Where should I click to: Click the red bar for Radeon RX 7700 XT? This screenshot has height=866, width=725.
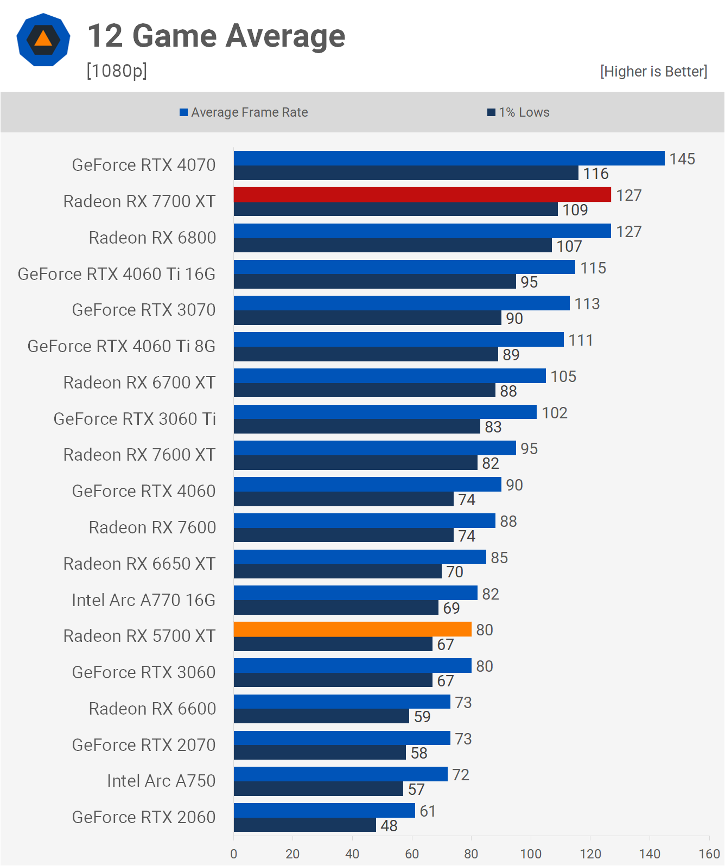point(422,195)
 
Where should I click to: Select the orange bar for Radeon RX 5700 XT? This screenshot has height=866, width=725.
point(353,629)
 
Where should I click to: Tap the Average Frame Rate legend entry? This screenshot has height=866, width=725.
point(244,112)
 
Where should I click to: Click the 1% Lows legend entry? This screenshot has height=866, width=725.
point(518,112)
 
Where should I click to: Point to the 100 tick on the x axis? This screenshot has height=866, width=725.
point(531,854)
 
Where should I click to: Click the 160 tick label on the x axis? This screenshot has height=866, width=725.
point(709,854)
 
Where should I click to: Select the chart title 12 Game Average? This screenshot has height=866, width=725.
point(216,36)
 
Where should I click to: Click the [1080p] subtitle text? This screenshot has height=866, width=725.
point(117,71)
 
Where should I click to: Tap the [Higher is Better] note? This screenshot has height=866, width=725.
point(653,72)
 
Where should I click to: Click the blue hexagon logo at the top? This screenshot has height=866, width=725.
point(43,40)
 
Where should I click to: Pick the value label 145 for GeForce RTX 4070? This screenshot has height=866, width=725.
point(682,159)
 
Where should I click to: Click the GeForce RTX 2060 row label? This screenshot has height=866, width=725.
point(144,817)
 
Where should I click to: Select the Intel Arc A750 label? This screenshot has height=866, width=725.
point(161,781)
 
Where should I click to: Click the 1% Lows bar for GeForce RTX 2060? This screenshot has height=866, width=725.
point(305,825)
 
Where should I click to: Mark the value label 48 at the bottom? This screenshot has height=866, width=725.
point(389,826)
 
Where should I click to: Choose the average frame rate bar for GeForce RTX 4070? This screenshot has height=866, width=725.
point(449,158)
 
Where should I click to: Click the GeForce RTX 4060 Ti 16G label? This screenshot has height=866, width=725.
point(117,274)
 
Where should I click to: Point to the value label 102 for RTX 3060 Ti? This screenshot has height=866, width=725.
point(554,413)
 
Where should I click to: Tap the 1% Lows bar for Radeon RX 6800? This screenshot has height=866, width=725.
point(393,246)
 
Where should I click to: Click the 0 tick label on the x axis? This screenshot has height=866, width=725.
point(234,854)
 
